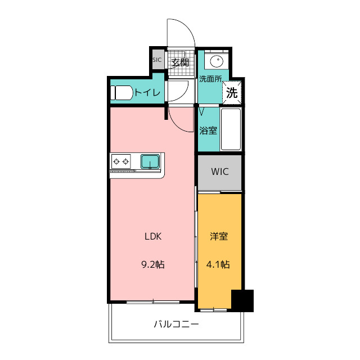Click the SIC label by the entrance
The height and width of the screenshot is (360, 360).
(157, 60)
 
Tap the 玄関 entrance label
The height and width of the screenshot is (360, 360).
(181, 62)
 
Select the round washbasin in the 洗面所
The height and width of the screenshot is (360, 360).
(217, 61)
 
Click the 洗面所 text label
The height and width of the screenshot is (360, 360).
(210, 79)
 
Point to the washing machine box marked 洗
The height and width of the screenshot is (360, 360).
(232, 93)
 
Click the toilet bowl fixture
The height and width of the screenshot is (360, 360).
(122, 93)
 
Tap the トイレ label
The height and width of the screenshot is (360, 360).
(147, 93)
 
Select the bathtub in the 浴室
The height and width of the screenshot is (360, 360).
(231, 129)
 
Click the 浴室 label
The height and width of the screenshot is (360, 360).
(208, 130)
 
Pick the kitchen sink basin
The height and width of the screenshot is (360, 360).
(150, 161)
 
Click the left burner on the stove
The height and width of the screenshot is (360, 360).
(116, 161)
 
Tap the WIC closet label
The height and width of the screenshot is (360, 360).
(220, 172)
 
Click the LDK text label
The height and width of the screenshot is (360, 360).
(153, 236)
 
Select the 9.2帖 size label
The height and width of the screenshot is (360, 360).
(153, 265)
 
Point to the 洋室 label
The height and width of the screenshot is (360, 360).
(219, 236)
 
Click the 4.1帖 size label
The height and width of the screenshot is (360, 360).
(218, 265)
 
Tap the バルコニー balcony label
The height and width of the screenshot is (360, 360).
(176, 324)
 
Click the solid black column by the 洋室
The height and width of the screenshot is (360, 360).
(242, 301)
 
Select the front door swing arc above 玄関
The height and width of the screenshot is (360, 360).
(186, 27)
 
